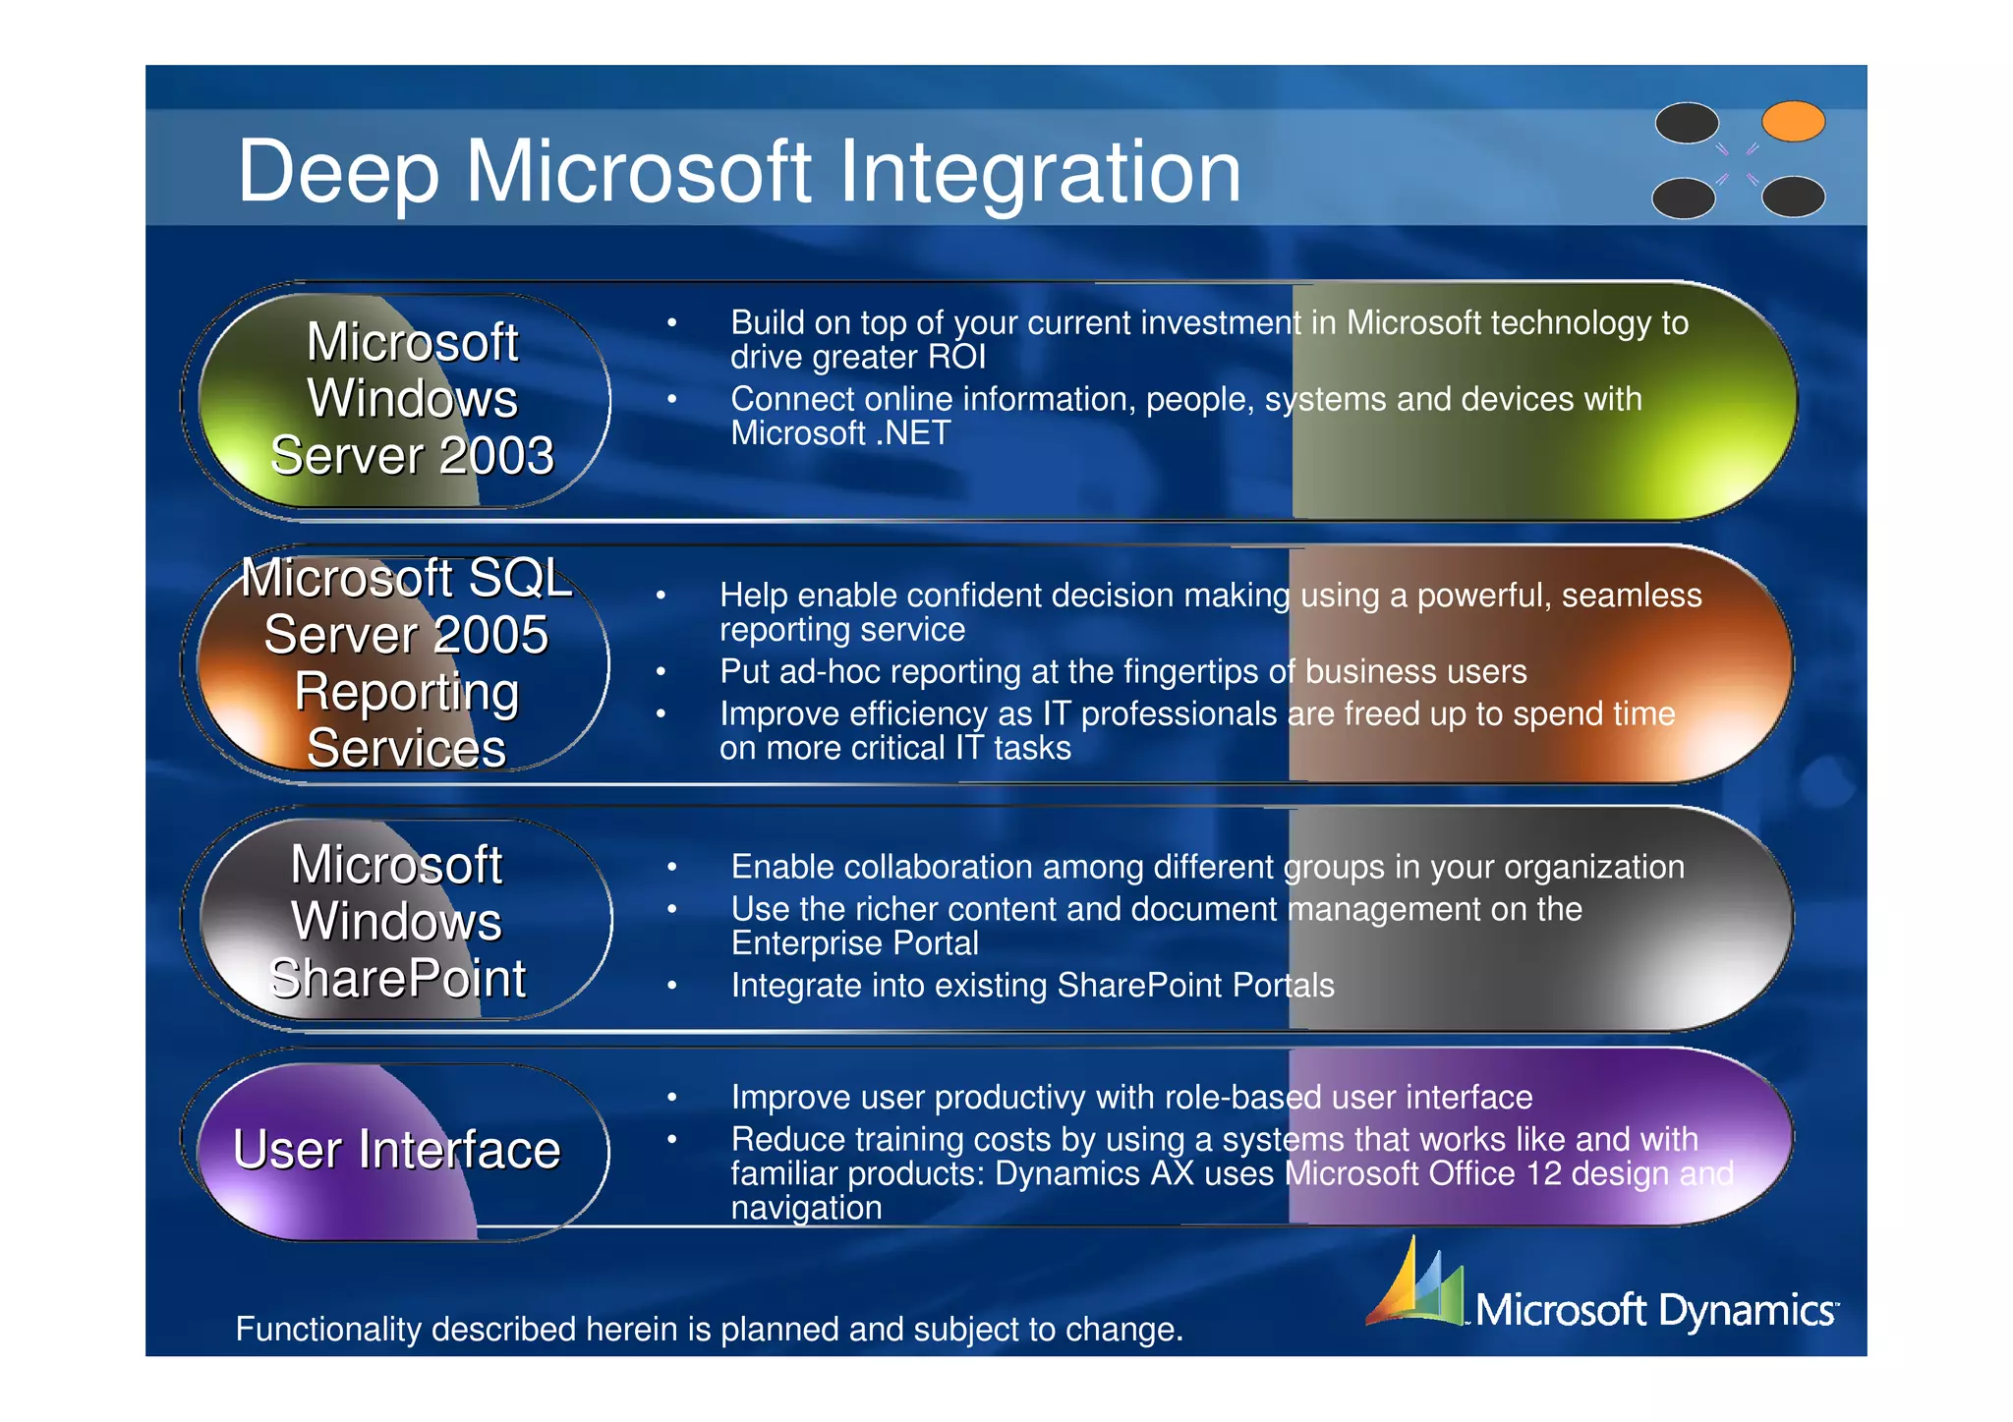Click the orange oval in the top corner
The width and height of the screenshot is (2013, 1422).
[1793, 122]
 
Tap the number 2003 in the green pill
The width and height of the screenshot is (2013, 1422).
[496, 456]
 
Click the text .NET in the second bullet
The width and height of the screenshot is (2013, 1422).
[911, 433]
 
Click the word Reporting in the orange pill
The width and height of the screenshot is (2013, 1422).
[407, 692]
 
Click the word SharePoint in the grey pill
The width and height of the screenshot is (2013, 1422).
[397, 979]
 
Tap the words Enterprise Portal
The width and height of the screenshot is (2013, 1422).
[854, 943]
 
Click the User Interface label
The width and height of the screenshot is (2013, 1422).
[396, 1150]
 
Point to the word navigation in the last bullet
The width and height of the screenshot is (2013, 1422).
[806, 1209]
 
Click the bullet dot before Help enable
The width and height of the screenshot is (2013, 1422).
[661, 596]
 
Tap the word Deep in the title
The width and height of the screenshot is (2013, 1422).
[338, 173]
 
